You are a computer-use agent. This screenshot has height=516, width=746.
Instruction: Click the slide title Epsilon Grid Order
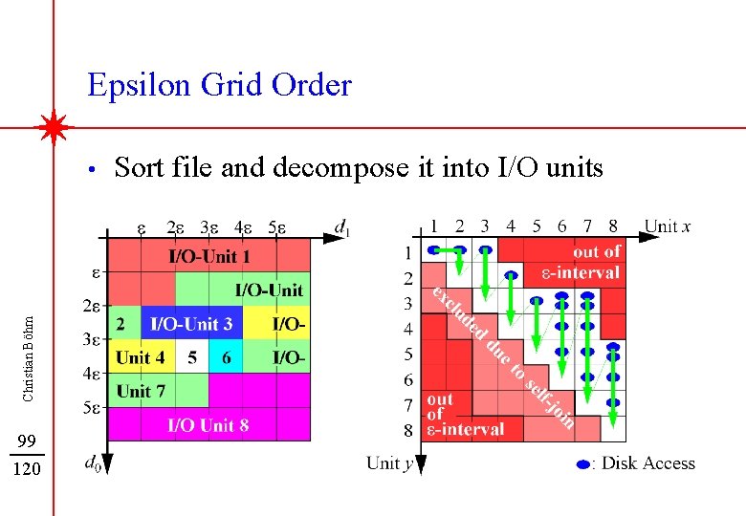[x=219, y=86]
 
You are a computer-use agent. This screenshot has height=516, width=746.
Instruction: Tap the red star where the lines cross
[x=54, y=126]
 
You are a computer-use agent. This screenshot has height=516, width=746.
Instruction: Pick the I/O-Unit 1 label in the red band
[x=209, y=256]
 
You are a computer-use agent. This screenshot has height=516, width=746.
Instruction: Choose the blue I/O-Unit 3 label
[x=191, y=324]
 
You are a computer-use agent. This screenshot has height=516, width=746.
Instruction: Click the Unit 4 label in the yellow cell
[x=140, y=358]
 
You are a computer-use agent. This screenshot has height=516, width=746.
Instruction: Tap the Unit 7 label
[x=141, y=391]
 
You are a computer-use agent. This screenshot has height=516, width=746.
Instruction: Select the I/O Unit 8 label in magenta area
[x=208, y=425]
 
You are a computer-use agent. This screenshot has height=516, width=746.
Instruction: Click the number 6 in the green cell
[x=226, y=358]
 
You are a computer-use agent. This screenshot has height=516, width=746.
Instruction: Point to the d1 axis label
[x=342, y=226]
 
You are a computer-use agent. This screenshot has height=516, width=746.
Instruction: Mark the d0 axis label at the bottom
[x=92, y=464]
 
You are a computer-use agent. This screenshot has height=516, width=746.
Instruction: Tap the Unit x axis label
[x=668, y=226]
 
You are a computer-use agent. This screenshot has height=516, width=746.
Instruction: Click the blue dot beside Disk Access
[x=583, y=464]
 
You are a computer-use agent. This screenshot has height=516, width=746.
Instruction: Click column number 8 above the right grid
[x=612, y=226]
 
